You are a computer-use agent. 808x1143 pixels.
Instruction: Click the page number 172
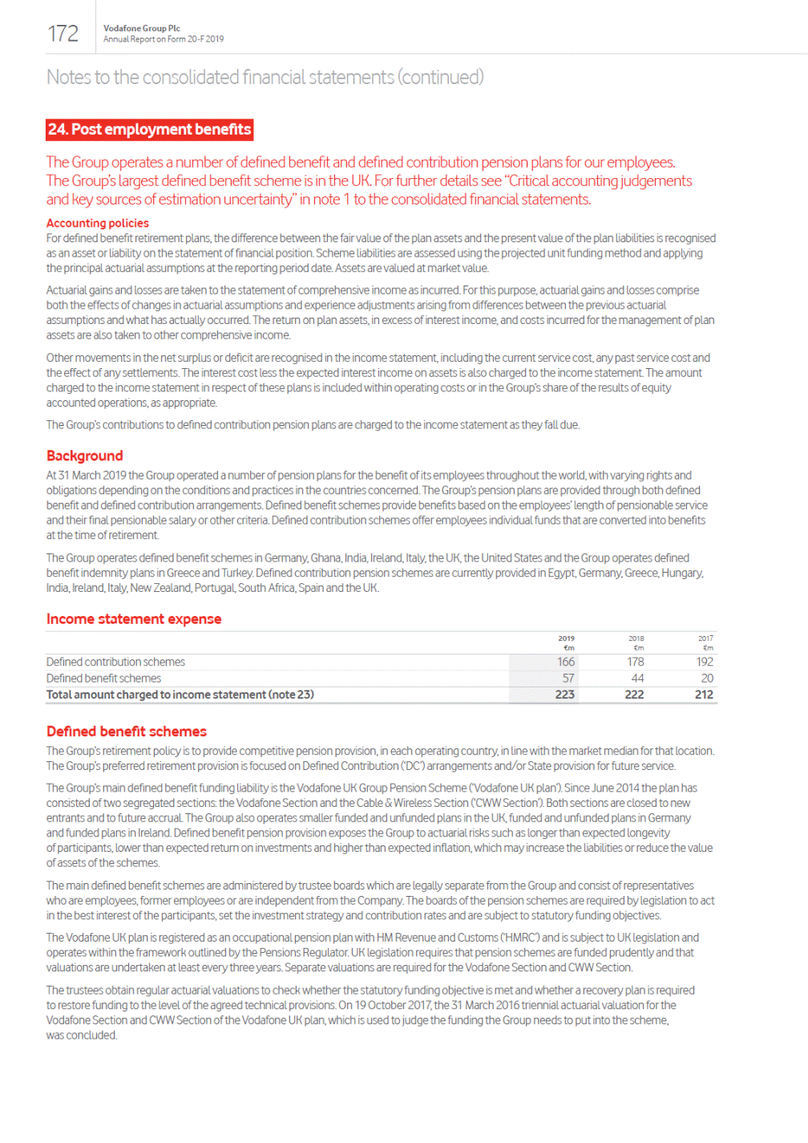coord(63,34)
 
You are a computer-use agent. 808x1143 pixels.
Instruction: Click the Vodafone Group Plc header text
coord(141,28)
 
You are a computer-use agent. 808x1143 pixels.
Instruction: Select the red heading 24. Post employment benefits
coord(149,129)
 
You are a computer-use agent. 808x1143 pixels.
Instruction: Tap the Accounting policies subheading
coord(97,223)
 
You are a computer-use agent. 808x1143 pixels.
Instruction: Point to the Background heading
coord(84,456)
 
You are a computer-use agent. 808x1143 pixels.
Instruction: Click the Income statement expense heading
coord(133,619)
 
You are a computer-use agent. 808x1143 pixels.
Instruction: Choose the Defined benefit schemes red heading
coord(126,732)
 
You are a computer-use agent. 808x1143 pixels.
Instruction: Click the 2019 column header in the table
coord(566,638)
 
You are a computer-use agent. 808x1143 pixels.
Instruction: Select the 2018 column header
coord(636,638)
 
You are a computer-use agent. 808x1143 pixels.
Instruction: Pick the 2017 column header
coord(705,638)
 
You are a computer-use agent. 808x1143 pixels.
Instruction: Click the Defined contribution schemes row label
coord(115,662)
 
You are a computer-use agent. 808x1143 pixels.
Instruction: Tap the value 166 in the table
coord(566,662)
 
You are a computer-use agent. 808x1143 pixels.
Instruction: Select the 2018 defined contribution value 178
coord(636,662)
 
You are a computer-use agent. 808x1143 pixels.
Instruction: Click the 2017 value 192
coord(705,662)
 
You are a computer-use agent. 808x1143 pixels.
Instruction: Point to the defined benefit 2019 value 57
coord(568,679)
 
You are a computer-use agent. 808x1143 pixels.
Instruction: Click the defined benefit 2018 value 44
coord(637,679)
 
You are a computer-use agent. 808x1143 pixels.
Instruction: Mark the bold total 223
coord(565,695)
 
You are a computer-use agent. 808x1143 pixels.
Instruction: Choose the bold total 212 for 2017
coord(704,695)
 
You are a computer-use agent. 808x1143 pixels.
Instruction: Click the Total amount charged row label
coord(180,695)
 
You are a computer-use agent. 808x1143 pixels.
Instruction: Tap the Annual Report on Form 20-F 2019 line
coord(164,39)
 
